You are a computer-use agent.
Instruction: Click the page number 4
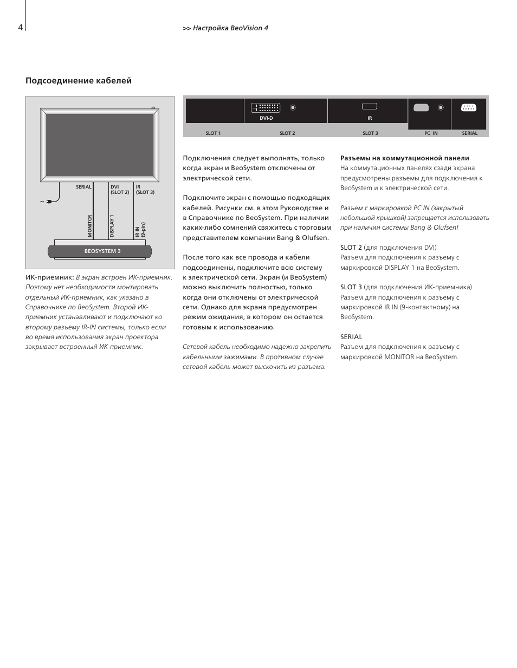20,28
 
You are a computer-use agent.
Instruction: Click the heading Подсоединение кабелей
79,81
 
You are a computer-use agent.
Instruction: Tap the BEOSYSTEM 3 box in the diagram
102,251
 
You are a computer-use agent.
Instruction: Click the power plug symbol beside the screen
50,202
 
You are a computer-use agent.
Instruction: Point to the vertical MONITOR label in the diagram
91,226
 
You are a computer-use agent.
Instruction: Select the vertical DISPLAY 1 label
112,226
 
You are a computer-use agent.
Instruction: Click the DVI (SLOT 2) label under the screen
120,189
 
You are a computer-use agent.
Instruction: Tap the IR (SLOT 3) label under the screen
145,189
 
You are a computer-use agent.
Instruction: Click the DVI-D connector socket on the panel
266,108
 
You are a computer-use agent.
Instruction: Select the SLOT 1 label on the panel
213,133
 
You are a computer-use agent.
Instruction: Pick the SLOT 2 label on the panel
287,133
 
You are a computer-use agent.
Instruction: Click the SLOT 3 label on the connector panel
370,133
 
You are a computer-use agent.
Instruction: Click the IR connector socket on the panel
370,107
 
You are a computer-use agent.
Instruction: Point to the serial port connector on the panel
469,108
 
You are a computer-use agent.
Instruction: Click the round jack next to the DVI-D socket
293,108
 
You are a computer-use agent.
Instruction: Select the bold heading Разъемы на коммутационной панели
404,158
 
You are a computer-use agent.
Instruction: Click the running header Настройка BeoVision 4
230,28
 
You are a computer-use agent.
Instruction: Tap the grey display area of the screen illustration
100,145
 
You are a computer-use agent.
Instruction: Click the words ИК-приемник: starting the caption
49,277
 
